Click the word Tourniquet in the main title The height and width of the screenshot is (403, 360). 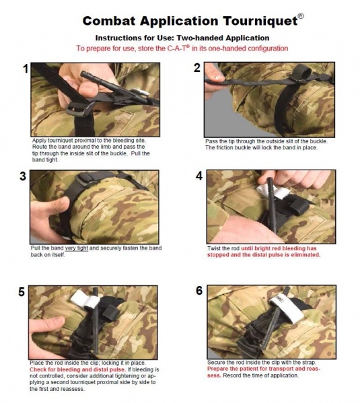coord(260,21)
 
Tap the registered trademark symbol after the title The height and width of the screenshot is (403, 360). coord(301,16)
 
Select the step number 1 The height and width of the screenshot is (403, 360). coord(26,69)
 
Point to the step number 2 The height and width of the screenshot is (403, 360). coord(197,68)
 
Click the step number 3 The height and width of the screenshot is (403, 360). coord(23,176)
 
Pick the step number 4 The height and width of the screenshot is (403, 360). coord(199,176)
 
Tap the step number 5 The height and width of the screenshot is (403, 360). coord(22,292)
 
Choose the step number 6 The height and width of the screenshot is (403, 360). coord(199,291)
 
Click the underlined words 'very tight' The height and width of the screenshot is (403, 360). coord(76,248)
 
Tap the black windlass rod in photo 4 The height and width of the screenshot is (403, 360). coord(271,203)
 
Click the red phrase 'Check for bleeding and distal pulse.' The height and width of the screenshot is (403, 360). coord(78,369)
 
